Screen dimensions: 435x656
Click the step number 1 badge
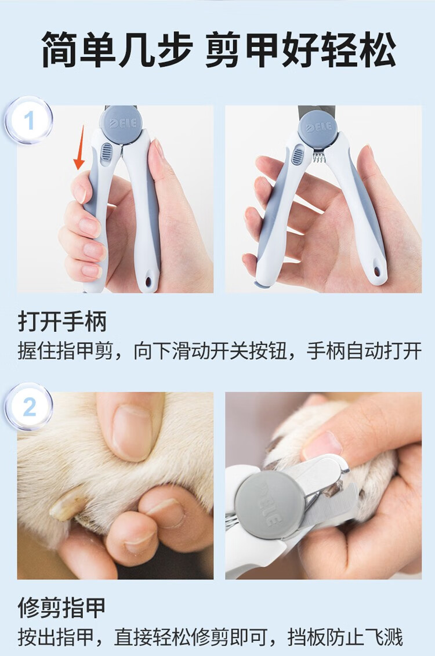(x=28, y=121)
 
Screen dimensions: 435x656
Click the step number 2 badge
(x=28, y=407)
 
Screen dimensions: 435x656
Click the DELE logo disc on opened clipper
(x=318, y=127)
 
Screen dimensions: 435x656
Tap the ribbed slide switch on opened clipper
(x=298, y=155)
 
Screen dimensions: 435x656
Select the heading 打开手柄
(x=62, y=321)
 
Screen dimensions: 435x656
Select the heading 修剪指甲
(x=62, y=607)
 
